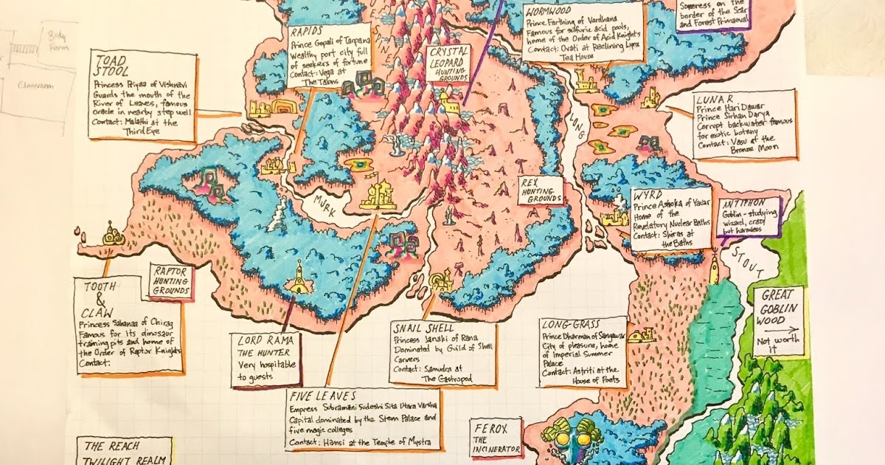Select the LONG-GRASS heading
[570, 324]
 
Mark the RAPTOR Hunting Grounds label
[171, 280]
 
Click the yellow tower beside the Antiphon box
[715, 267]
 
